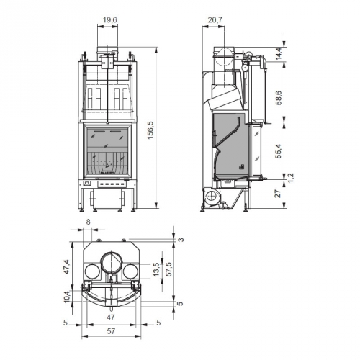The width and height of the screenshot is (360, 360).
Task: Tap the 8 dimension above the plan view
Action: [88, 223]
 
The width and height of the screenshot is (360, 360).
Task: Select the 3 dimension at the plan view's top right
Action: [182, 239]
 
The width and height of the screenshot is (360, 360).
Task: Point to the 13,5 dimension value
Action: [156, 269]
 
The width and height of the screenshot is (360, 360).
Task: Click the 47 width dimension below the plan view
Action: [110, 317]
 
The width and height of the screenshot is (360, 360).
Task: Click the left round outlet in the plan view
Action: [94, 272]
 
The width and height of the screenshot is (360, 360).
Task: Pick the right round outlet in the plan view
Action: [130, 272]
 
